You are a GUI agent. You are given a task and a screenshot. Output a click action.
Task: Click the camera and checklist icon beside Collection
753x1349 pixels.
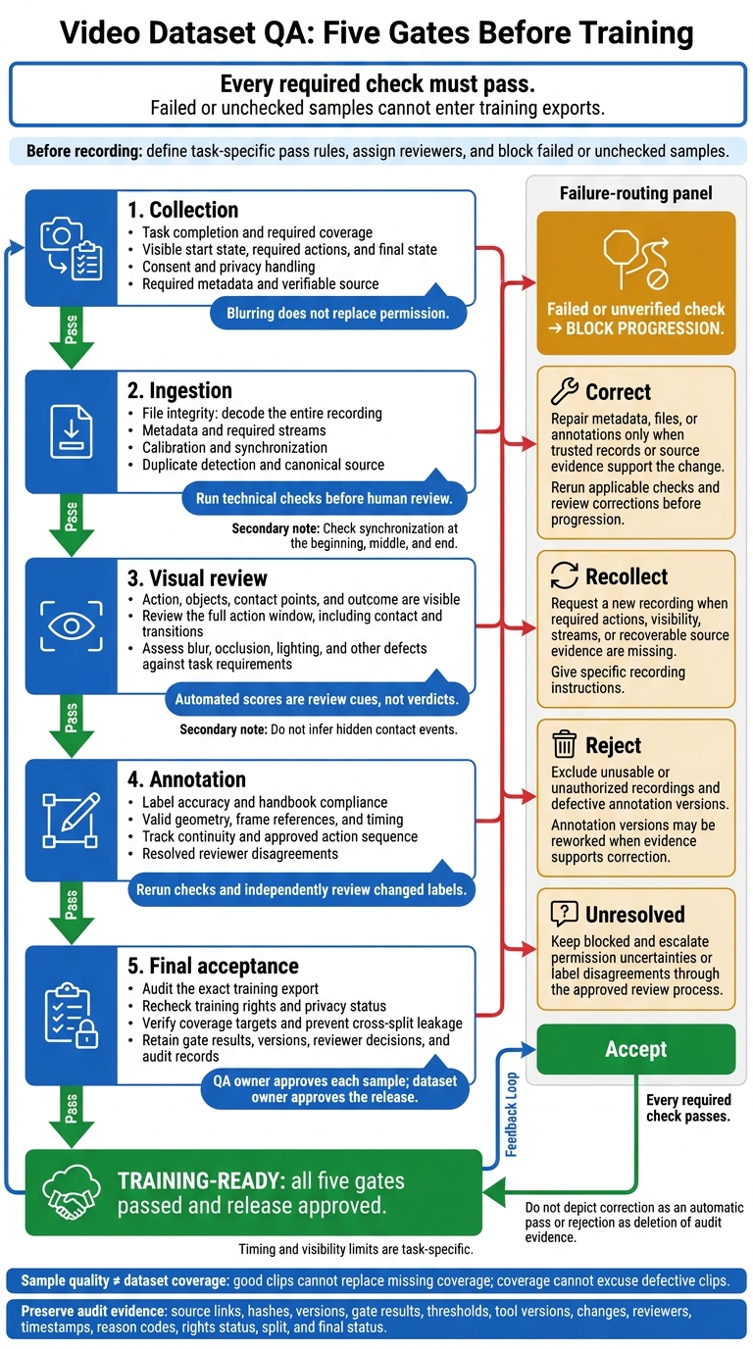71,248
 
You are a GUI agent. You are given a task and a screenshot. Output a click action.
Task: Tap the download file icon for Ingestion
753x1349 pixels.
71,431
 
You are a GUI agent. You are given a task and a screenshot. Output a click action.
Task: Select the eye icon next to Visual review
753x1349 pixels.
71,625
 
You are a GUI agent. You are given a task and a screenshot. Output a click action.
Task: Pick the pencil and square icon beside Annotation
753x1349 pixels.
71,821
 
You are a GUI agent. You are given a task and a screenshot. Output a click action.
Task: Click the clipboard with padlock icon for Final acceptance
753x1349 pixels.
71,1016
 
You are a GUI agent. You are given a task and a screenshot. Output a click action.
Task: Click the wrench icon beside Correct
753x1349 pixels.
565,391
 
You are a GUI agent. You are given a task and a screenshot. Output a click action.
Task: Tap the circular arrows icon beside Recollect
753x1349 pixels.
565,575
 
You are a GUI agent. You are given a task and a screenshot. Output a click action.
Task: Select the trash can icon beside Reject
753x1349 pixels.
565,744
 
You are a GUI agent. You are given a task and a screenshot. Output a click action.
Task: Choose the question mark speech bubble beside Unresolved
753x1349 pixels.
565,914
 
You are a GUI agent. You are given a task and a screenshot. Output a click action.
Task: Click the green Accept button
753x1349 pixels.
635,1049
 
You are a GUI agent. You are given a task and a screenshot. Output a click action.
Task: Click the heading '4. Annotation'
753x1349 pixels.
186,779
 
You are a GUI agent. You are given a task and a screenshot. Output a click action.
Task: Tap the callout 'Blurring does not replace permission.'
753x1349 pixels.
338,313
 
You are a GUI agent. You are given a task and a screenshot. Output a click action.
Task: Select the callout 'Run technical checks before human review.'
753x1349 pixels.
325,499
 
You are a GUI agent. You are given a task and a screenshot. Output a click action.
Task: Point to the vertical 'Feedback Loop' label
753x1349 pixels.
511,1114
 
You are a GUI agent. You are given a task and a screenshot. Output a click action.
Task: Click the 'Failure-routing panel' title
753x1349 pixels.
635,193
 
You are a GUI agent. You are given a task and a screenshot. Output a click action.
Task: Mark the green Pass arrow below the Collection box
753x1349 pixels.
71,337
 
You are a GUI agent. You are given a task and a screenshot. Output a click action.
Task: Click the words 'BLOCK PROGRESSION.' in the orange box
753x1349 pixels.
644,328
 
